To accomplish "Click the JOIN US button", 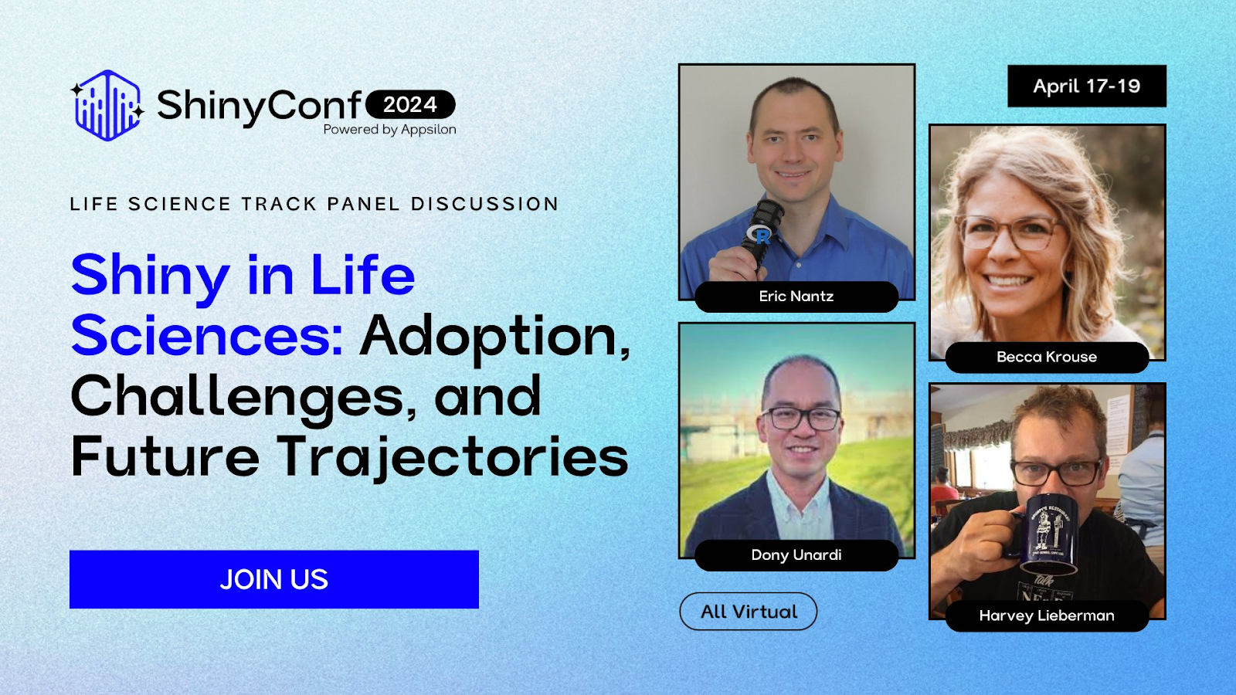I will click(274, 579).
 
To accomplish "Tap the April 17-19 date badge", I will click(1086, 86).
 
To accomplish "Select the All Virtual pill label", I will click(748, 612).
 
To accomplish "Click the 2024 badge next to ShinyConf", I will click(410, 104).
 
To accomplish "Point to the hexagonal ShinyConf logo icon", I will click(107, 106).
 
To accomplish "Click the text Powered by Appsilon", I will click(389, 130).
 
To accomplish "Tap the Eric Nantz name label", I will click(796, 297).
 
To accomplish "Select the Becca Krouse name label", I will click(1046, 357).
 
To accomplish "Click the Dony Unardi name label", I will click(796, 555).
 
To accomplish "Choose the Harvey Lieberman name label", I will click(1046, 615).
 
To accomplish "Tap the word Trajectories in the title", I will click(453, 457).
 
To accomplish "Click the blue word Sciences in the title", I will click(206, 337).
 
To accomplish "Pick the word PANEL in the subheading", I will click(363, 204).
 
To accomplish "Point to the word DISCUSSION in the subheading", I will click(484, 204).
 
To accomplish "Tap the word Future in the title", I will click(165, 457).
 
